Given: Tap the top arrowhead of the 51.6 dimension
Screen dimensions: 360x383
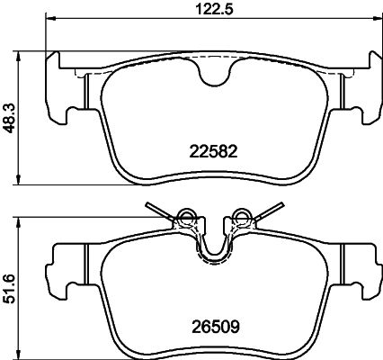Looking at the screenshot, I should (x=22, y=220).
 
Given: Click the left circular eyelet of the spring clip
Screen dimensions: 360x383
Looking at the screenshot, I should (x=187, y=216).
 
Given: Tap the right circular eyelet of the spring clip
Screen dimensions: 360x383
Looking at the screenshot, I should (x=240, y=216).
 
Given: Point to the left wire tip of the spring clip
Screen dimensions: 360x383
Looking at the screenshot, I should (x=149, y=205).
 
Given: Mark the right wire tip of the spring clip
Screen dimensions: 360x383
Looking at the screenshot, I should (x=277, y=205).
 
